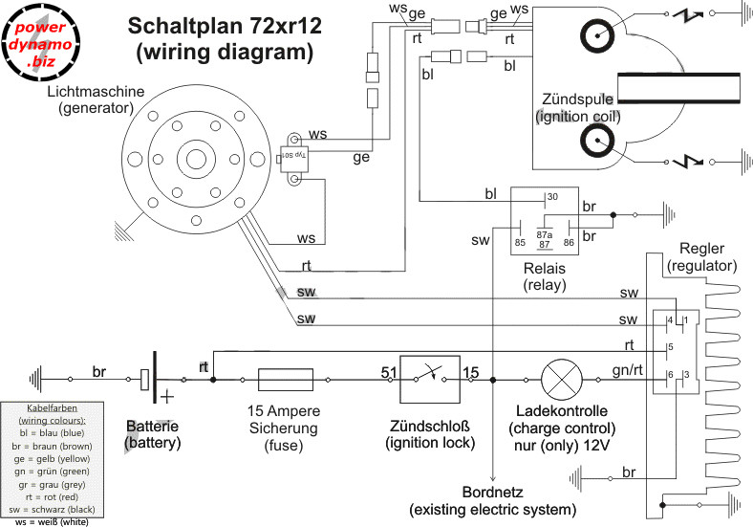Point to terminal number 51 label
click(388, 371)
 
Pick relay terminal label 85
click(520, 242)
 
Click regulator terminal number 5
click(671, 346)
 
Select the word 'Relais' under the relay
click(546, 268)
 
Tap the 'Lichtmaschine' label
click(96, 92)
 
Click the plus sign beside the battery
click(168, 394)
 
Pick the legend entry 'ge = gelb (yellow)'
click(66, 458)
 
